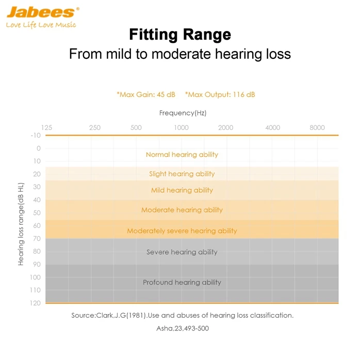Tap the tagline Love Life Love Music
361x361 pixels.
(x=41, y=25)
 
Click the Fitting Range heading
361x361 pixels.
(x=180, y=35)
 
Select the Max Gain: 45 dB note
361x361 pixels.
(x=146, y=94)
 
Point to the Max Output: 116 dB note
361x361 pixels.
(x=220, y=94)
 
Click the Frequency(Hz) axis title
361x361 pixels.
(x=183, y=113)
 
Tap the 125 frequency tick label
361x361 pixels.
(x=46, y=128)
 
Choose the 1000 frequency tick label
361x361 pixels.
(x=181, y=128)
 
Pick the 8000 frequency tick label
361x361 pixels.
(x=317, y=128)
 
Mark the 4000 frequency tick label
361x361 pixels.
(x=272, y=128)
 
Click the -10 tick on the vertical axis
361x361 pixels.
(x=36, y=136)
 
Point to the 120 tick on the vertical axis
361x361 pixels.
(x=35, y=303)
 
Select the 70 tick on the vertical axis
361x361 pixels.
(x=37, y=239)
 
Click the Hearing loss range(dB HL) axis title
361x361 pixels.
(x=21, y=224)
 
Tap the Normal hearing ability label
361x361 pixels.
(x=182, y=155)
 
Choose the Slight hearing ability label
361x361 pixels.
(x=182, y=174)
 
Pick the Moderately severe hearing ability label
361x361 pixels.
(x=182, y=231)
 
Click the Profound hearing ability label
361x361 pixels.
(x=182, y=283)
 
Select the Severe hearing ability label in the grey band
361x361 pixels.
(x=182, y=252)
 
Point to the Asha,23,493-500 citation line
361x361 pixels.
(x=183, y=328)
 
